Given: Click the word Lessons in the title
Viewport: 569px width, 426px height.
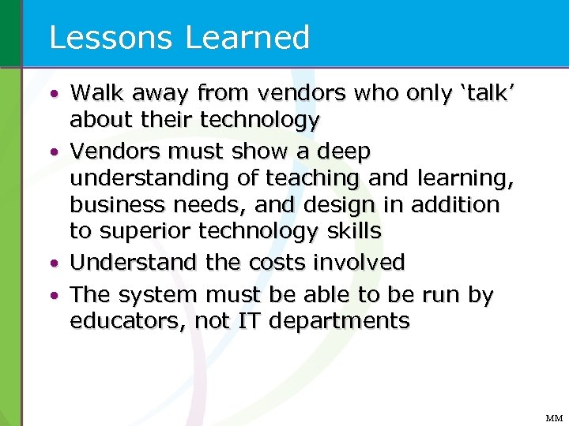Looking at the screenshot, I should pos(104,37).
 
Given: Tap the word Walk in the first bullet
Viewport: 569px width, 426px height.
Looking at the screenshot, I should pos(99,93).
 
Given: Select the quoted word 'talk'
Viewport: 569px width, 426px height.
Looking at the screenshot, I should pos(488,93).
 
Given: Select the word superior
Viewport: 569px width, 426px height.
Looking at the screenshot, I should pos(145,232).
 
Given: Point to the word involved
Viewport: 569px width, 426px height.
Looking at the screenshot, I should pos(366,262).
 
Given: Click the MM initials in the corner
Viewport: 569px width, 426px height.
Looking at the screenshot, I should pos(553,418).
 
